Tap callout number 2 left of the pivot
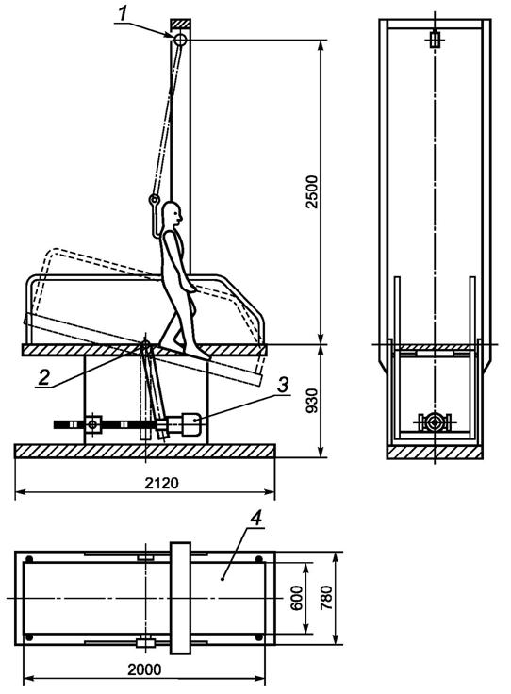43,377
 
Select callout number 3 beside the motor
282,384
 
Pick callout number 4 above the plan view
256,518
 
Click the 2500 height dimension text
312,191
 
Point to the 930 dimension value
312,401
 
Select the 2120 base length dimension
162,483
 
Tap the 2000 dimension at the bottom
144,669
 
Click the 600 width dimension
296,598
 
